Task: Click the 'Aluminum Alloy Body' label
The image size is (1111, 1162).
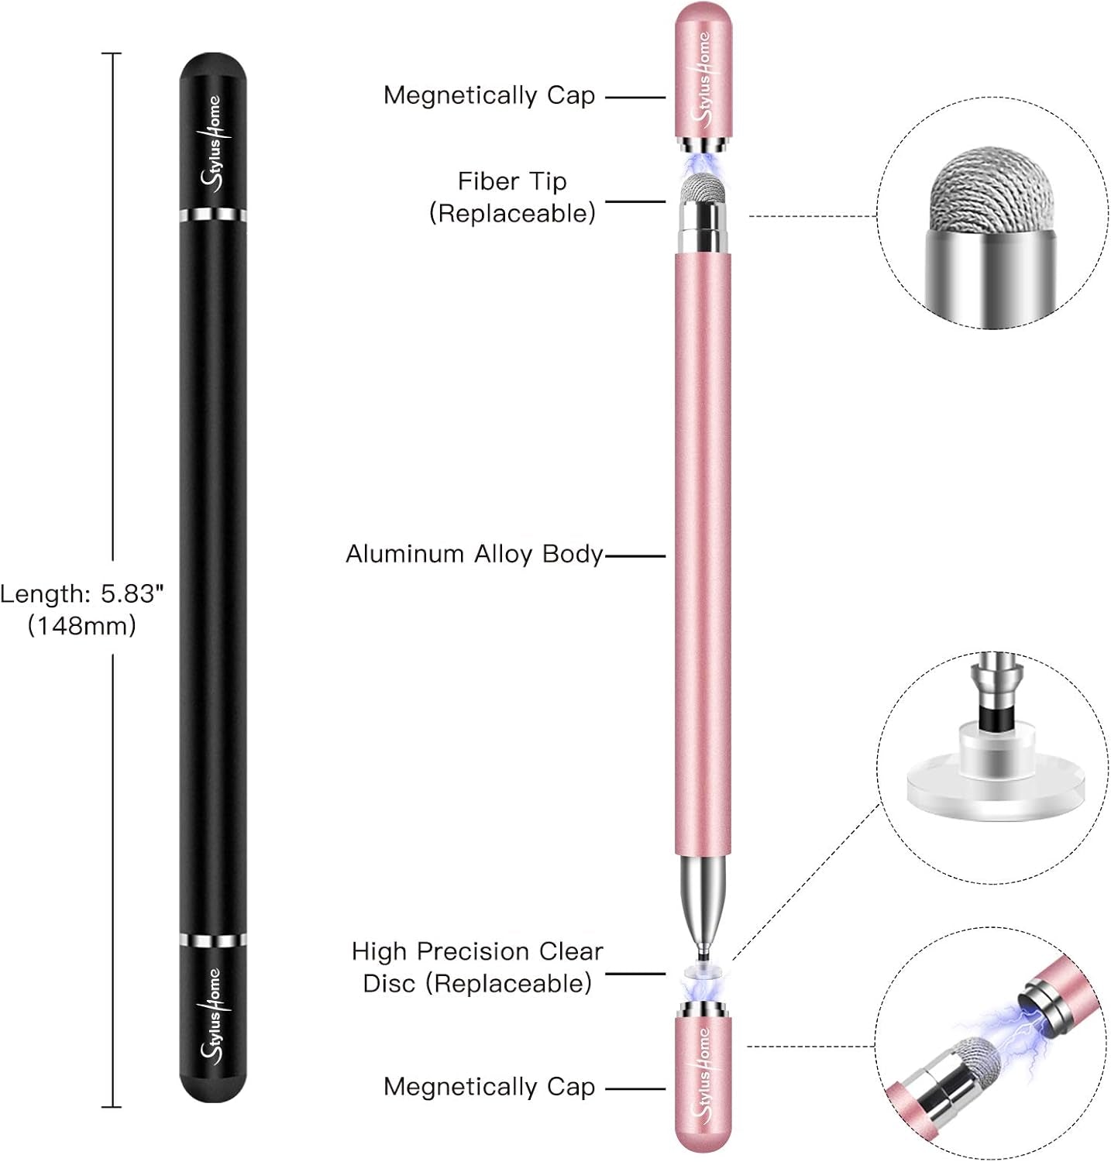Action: coord(473,554)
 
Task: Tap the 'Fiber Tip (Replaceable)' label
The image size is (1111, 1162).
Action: coord(512,197)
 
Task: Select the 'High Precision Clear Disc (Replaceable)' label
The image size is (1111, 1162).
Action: coord(477,967)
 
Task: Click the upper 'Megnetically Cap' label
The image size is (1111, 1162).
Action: coord(489,95)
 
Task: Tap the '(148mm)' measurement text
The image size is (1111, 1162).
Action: coord(81,625)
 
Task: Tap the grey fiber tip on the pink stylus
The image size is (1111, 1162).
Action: coord(702,189)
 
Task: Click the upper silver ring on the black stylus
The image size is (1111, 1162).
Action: coord(213,215)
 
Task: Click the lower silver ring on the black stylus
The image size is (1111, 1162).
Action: coord(213,940)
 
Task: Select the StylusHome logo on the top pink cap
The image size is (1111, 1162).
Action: coord(703,77)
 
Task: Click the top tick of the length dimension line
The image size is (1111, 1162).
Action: coord(112,53)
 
